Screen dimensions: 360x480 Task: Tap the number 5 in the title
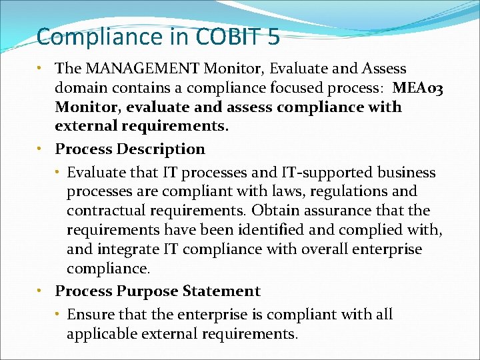273,37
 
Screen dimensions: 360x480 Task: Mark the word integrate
129,249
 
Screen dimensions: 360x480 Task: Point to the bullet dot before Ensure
59,315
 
